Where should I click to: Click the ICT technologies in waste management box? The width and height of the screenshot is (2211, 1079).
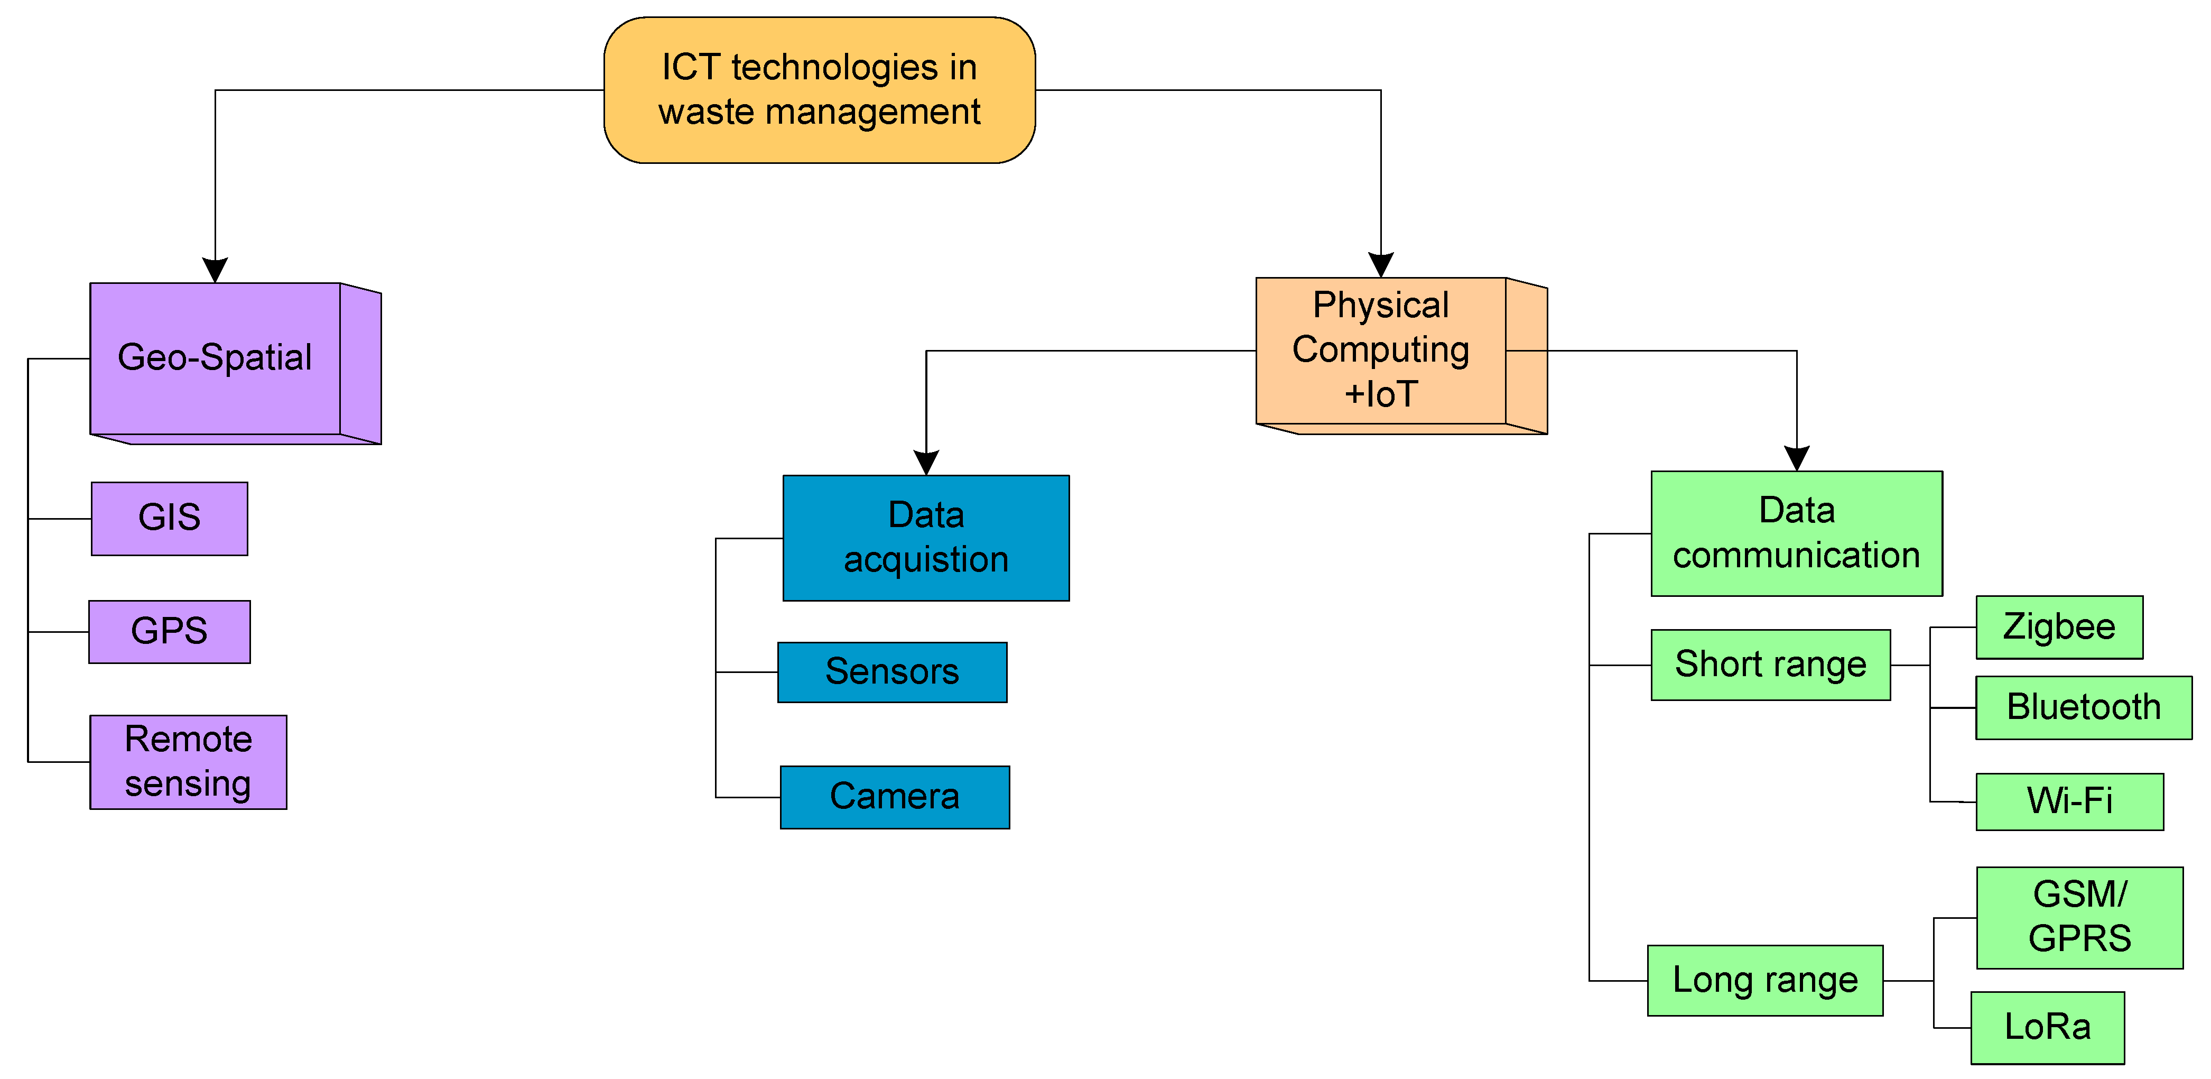819,90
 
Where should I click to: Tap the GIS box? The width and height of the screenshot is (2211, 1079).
169,519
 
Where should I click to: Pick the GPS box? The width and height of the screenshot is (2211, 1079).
169,632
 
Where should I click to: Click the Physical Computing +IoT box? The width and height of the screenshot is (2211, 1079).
1380,350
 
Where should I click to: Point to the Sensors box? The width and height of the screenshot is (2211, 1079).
892,672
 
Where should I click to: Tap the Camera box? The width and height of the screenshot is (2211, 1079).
894,797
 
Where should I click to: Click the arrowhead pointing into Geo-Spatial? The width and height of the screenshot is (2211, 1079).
215,270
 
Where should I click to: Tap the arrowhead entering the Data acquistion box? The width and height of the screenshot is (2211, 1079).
926,462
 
